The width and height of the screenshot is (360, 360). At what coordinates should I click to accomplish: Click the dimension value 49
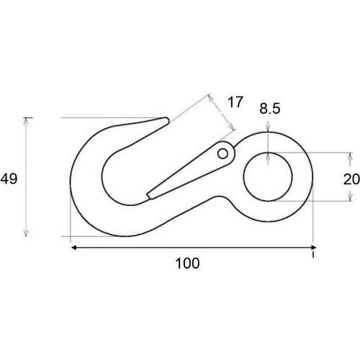pos(9,179)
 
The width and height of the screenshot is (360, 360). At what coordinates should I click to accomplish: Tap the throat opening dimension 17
pos(235,102)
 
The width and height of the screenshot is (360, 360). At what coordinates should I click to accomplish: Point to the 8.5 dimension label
pos(271,110)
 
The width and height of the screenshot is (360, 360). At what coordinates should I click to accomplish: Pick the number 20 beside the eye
pos(351,179)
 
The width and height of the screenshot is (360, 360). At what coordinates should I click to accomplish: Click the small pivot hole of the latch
pos(224,153)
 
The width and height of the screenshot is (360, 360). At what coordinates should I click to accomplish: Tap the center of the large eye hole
pos(267,176)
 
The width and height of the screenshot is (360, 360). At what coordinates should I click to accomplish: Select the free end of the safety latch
pos(148,194)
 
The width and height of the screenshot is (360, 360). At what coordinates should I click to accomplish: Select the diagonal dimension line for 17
pos(222,112)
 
